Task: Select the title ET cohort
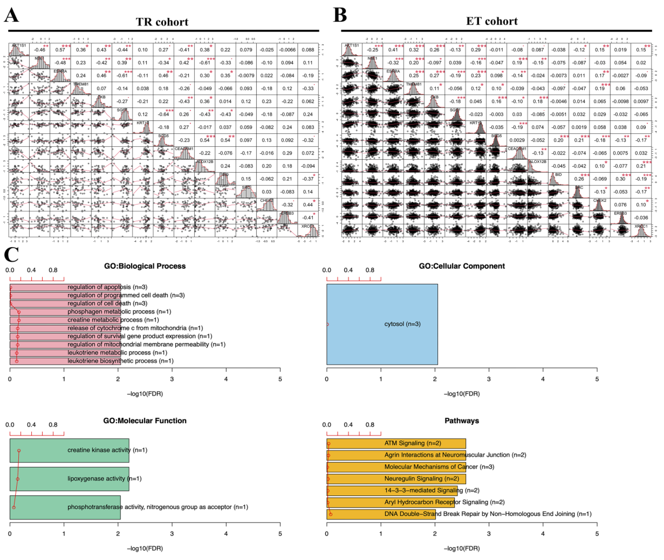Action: click(491, 21)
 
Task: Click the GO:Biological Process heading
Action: click(145, 266)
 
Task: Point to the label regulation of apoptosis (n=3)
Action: click(107, 287)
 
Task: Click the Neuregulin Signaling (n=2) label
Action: click(422, 478)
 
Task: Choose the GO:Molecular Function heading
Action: click(145, 421)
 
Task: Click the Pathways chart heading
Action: click(461, 421)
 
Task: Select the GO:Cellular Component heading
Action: click(461, 266)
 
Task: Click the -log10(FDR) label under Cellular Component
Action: click(461, 394)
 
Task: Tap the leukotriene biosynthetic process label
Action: click(120, 361)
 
